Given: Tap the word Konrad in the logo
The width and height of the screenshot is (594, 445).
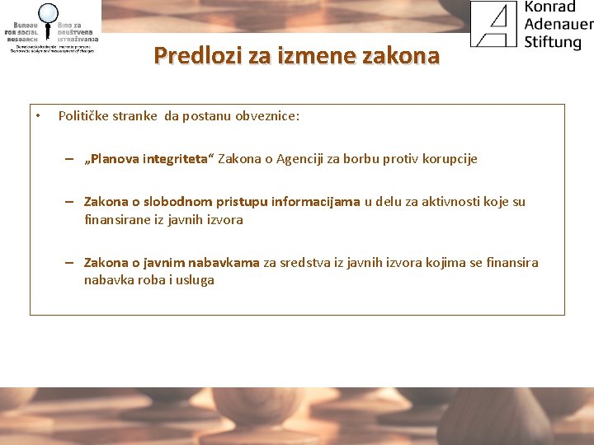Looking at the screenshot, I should click(551, 7).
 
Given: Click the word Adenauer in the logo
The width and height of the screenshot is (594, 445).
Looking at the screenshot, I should click(559, 24).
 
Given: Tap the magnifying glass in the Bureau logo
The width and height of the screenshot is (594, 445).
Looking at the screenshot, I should click(49, 16).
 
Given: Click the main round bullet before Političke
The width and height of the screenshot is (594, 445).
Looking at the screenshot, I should click(39, 116).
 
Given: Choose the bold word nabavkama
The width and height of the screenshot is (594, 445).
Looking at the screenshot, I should click(224, 263).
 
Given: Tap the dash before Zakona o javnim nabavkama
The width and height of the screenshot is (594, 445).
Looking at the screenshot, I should click(73, 263).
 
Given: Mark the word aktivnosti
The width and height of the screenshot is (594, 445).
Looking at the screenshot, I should click(447, 201).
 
